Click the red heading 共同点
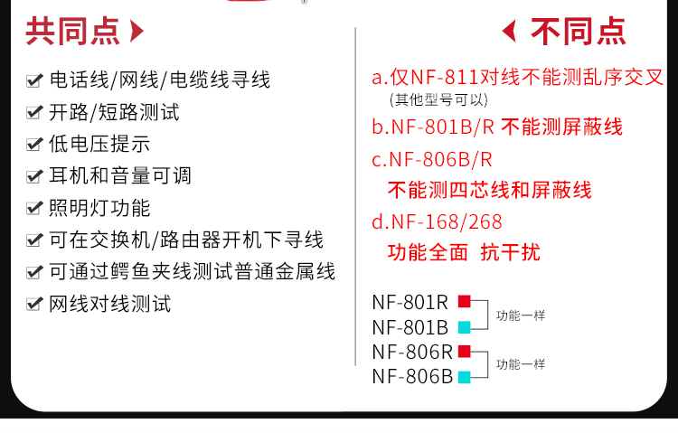point(71,32)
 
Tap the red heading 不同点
point(578,32)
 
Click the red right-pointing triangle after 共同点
point(137,32)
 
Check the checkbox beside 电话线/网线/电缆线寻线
point(34,81)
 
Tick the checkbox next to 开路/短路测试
point(34,113)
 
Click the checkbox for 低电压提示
point(34,145)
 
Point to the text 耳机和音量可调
point(120,176)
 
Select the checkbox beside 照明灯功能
point(34,209)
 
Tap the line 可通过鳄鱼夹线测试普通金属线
point(192,272)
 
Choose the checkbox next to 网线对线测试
point(34,305)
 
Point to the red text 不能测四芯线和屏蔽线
point(489,190)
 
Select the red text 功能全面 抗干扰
point(464,251)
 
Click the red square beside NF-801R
point(464,301)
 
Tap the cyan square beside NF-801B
point(464,326)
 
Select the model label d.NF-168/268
point(437,221)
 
